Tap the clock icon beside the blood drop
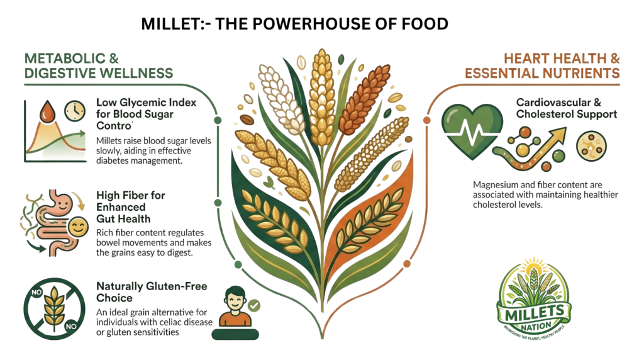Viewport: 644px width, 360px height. (x=74, y=110)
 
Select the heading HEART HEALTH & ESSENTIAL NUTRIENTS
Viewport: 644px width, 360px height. (x=542, y=65)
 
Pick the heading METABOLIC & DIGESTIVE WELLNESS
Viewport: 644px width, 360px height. (x=97, y=65)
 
